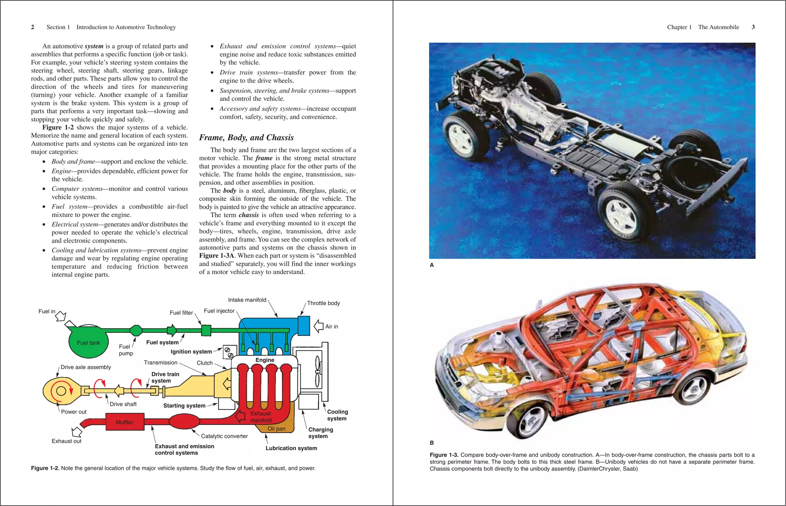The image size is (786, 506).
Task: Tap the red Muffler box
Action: pyautogui.click(x=125, y=422)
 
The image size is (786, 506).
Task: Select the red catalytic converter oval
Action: pyautogui.click(x=184, y=422)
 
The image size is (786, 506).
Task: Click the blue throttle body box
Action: pyautogui.click(x=304, y=326)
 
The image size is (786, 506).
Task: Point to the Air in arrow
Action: pyautogui.click(x=319, y=326)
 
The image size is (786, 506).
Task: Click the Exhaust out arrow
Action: pyautogui.click(x=77, y=432)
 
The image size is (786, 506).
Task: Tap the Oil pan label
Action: pyautogui.click(x=276, y=428)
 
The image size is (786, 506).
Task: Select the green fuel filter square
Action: pyautogui.click(x=206, y=330)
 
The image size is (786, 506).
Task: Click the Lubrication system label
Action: pyautogui.click(x=291, y=448)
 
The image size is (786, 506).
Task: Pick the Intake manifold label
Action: pyautogui.click(x=247, y=300)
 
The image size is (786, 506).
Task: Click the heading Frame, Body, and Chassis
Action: pyautogui.click(x=246, y=137)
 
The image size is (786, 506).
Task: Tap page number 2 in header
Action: pyautogui.click(x=33, y=27)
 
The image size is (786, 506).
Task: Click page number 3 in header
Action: pyautogui.click(x=753, y=27)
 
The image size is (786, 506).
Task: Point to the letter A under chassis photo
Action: pyautogui.click(x=432, y=265)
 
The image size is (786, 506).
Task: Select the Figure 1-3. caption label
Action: pyautogui.click(x=444, y=455)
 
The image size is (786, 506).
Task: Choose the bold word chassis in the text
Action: pyautogui.click(x=249, y=215)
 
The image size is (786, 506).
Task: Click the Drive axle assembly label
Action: pyautogui.click(x=86, y=367)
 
